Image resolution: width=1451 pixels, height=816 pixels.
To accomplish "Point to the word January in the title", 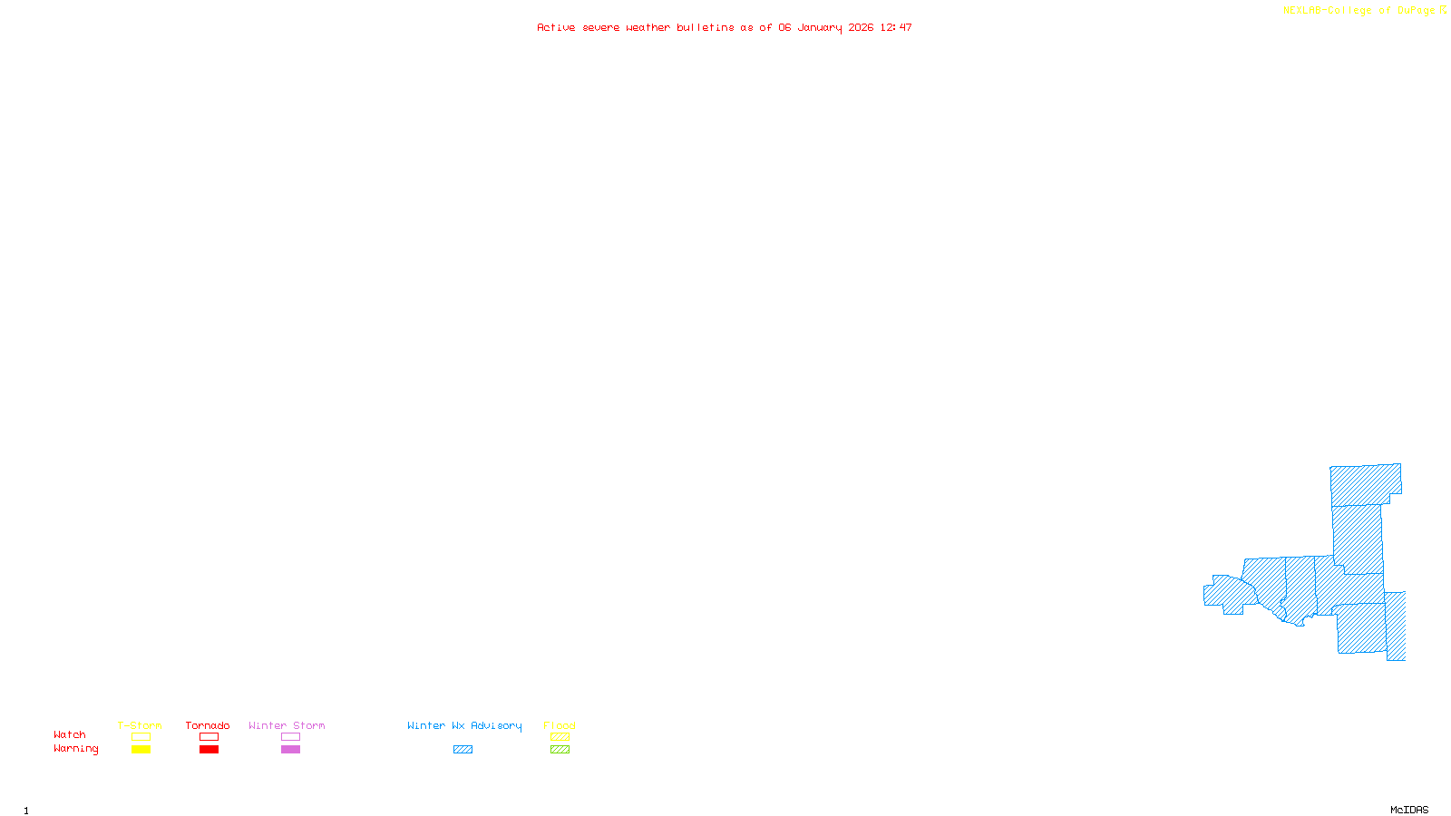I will [x=820, y=27].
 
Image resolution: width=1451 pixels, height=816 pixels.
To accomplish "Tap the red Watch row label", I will [x=70, y=735].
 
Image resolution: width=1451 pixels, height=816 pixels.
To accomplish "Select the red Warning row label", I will [x=75, y=749].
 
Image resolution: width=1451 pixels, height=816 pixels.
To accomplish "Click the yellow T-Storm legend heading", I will [x=140, y=725].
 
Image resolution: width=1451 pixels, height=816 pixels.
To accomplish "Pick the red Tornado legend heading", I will [x=208, y=725].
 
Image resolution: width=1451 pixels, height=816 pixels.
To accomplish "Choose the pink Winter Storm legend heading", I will [x=287, y=725].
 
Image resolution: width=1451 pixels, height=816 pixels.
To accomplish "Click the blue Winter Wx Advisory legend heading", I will [x=464, y=725].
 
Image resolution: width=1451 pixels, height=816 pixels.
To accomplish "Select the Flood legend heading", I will [x=560, y=725].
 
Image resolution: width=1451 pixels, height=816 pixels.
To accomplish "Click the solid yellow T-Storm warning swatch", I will [x=141, y=750].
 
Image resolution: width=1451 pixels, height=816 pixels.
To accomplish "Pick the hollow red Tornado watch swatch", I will [x=209, y=737].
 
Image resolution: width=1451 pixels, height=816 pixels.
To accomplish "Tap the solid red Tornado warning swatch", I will [x=209, y=750].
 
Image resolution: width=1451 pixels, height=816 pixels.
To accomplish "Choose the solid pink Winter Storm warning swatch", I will [x=290, y=750].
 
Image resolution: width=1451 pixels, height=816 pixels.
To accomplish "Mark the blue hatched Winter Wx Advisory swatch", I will [x=463, y=750].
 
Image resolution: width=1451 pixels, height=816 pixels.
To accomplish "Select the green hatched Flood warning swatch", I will [x=560, y=750].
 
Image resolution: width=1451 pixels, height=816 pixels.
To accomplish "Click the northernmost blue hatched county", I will [x=1364, y=484].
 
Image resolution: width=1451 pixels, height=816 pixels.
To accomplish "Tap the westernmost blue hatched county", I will [x=1229, y=594].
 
